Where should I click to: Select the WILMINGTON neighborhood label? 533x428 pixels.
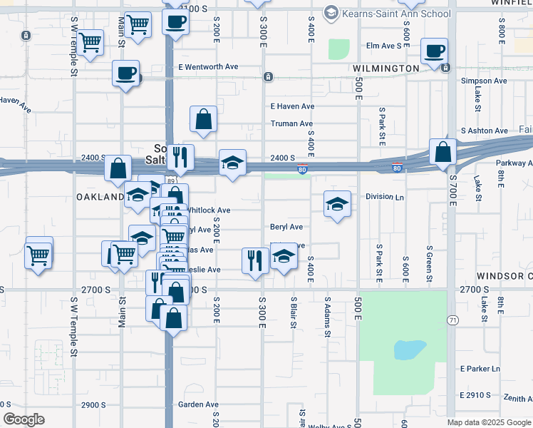[385, 68]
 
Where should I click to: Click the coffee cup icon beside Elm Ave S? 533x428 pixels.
[434, 51]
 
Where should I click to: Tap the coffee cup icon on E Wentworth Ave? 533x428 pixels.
[126, 73]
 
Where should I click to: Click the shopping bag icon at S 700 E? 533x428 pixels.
[443, 152]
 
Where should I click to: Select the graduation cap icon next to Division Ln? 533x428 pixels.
[337, 205]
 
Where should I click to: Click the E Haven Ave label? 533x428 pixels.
[292, 106]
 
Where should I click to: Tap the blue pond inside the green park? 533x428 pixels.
[410, 350]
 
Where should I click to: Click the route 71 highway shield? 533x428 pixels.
[452, 321]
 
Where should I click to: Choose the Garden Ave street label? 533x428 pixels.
[198, 404]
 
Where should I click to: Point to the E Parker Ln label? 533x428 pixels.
[481, 369]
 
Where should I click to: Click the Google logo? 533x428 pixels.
[24, 419]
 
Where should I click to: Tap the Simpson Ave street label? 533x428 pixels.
[484, 81]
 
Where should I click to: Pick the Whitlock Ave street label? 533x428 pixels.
[208, 211]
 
